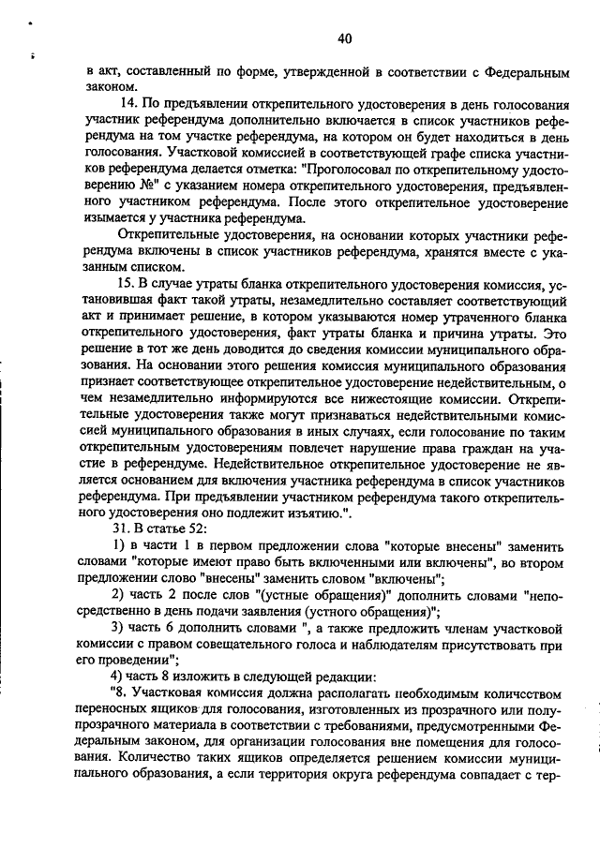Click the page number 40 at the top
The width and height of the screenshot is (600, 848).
coord(344,38)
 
